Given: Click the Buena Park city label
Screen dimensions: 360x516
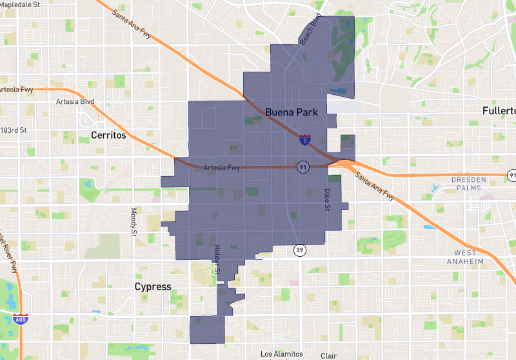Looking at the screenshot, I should (292, 112).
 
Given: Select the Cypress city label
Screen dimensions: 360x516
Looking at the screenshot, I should (153, 286).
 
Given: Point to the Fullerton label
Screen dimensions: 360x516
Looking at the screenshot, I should (499, 111).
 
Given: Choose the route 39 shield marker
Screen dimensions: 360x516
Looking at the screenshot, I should (300, 250).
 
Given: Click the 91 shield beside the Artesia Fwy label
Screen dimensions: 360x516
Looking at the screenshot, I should (302, 167).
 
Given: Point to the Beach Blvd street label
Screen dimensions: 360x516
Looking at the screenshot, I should (310, 30).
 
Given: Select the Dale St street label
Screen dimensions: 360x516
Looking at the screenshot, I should (327, 199).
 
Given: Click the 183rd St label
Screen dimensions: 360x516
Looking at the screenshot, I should (14, 130).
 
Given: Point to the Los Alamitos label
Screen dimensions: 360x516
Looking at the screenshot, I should (281, 354).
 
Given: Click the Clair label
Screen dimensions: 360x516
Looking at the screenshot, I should (329, 355).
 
